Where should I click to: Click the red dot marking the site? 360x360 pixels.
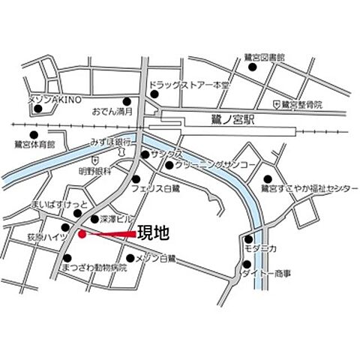click(82, 235)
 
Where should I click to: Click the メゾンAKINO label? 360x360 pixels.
click(53, 100)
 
